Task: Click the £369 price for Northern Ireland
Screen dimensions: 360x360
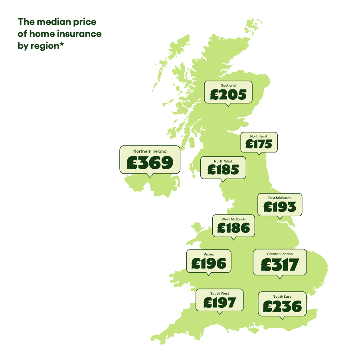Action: tap(150, 163)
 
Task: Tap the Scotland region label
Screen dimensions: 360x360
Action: tap(228, 85)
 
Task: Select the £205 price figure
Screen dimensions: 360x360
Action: tap(228, 95)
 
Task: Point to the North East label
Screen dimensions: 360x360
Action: tap(259, 136)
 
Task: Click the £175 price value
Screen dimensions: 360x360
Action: tap(259, 144)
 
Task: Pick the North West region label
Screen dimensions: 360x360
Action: tap(223, 161)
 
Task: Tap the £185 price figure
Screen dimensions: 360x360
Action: tap(223, 170)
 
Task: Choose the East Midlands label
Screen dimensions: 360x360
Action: tap(279, 198)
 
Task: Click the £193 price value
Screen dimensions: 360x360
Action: tap(280, 207)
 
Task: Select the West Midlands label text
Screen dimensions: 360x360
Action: tap(233, 219)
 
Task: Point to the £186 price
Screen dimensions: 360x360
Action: tap(233, 228)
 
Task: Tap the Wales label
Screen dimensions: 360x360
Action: tap(209, 254)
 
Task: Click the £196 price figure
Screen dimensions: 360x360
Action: tap(209, 263)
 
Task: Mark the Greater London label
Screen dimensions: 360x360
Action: tap(280, 254)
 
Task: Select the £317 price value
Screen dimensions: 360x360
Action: tap(280, 265)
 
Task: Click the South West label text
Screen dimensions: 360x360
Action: tap(220, 294)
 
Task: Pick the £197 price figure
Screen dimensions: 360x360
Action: tap(220, 303)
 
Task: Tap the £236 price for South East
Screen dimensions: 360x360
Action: tap(282, 307)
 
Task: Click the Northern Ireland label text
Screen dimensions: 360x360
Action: tap(150, 151)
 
